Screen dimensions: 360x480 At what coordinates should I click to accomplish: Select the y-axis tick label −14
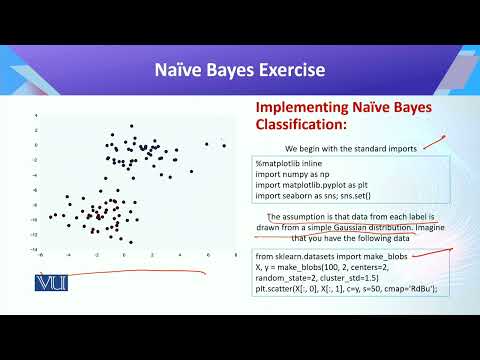[x=33, y=249]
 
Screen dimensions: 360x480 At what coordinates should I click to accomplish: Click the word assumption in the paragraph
[x=312, y=216]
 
